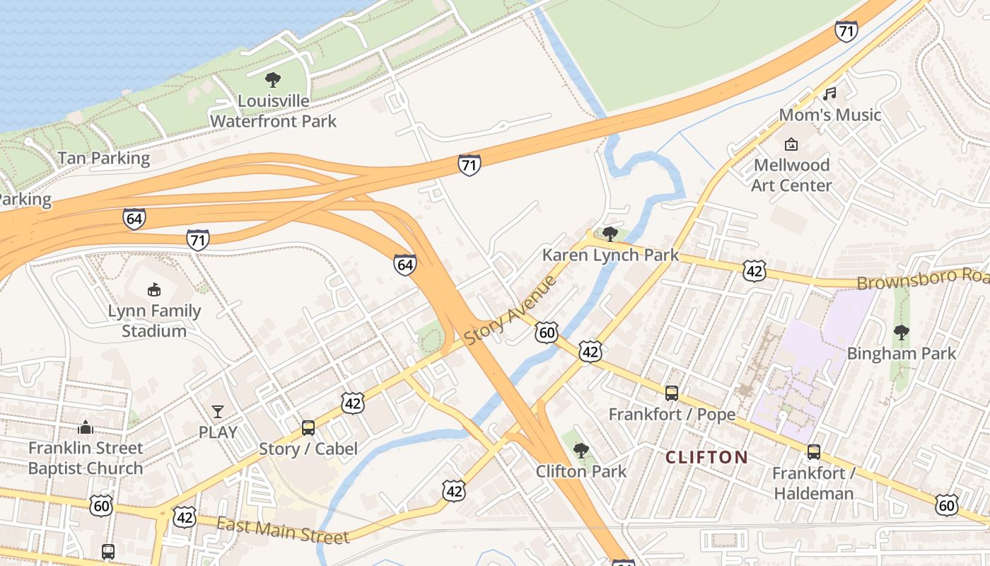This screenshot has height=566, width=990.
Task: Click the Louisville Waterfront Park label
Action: pos(273,111)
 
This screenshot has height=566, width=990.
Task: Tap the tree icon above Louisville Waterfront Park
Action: pos(273,80)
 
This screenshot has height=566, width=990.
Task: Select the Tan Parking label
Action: pos(104,158)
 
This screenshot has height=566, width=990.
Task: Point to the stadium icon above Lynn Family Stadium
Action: pos(153,289)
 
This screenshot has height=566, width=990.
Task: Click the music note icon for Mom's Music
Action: pos(830,93)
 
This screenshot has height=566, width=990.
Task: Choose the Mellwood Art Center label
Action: pos(791,175)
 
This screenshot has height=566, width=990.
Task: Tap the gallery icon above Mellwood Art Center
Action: pos(791,144)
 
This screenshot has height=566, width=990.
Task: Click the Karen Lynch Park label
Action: pos(610,255)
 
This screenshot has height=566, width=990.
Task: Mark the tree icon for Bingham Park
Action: pos(901,332)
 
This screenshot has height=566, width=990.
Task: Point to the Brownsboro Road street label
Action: pos(922,279)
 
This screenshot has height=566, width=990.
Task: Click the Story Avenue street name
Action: pos(510,311)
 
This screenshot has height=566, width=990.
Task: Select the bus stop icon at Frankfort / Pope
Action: pos(672,393)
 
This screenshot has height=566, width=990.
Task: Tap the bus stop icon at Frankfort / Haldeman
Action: pos(814,452)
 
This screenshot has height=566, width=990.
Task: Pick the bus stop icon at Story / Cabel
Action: pos(308,427)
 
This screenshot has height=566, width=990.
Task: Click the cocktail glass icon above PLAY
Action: pos(218,411)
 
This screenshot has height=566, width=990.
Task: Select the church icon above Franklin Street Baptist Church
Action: pos(86,427)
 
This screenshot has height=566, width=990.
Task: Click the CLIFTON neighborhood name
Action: pos(706,457)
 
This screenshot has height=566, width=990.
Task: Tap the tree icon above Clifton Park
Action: pos(581,450)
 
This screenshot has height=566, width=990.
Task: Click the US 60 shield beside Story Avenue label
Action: pos(547,333)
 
